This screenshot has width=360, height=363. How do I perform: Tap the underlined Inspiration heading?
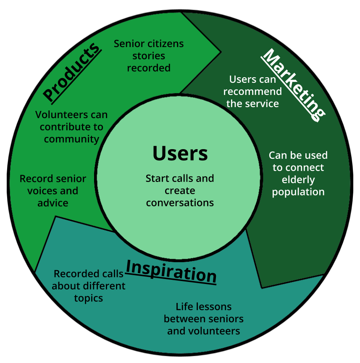coord(171,271)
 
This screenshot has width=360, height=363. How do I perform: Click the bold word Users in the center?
coord(180,153)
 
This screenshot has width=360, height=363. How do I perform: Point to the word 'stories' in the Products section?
coord(149,56)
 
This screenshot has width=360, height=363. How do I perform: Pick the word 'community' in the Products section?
coord(71,139)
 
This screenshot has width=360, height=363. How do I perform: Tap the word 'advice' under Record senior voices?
coord(53,203)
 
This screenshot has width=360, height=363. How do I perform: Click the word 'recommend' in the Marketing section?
coord(252,92)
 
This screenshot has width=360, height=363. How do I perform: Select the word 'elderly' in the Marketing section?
coord(298,180)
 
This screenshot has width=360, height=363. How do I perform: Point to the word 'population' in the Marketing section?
coord(298,192)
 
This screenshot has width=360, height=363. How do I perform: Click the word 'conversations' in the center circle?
coord(180,203)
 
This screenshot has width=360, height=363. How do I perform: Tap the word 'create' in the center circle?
coord(180,191)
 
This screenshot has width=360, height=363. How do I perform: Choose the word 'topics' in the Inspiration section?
coord(89,298)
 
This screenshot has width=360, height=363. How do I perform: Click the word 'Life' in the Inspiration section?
coord(183,307)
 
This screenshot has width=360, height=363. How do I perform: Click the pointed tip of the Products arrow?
coord(221,52)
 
